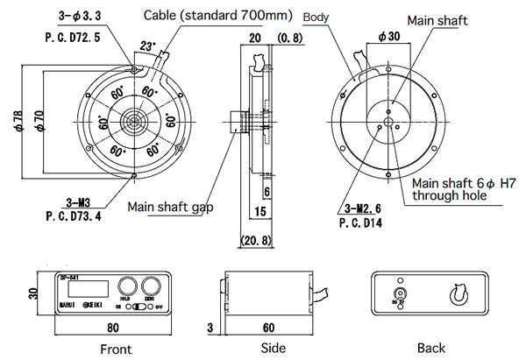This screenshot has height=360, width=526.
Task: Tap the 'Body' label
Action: [x=316, y=17]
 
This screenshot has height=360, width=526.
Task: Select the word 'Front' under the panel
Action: [x=116, y=349]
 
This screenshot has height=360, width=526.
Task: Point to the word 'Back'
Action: [x=431, y=348]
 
